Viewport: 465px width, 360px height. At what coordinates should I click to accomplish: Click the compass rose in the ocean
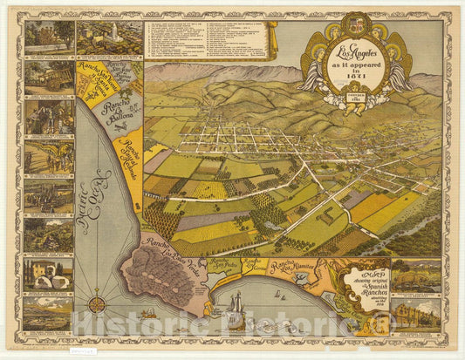tap(98, 304)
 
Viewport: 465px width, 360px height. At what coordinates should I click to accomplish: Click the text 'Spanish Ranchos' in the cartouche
tap(362, 284)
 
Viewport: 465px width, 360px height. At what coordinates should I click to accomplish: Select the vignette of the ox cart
tap(49, 77)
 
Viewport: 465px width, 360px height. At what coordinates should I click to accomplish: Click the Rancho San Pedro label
tap(225, 264)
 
